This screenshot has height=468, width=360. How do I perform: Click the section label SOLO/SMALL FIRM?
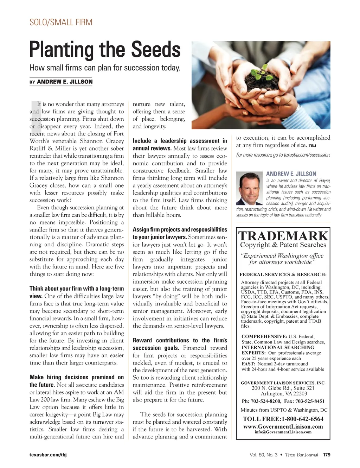(61, 23)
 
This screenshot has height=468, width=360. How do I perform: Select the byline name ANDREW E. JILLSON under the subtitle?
(65, 82)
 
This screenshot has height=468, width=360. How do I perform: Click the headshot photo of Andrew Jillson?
(249, 188)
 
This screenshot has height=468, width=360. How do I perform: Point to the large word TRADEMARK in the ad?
(283, 236)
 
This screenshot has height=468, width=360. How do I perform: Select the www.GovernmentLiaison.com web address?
(283, 426)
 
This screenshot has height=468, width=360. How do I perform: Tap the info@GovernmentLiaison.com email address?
(283, 432)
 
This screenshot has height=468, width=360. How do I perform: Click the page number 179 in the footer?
(327, 455)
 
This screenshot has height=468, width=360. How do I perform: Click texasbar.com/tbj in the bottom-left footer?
(48, 455)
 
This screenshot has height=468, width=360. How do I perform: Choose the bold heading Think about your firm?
(77, 289)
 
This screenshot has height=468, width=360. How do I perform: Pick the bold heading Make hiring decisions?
(77, 377)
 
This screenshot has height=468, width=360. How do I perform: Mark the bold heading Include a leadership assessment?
(180, 141)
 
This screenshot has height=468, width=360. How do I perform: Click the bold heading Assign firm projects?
(180, 229)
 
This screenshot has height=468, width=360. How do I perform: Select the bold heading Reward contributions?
(180, 340)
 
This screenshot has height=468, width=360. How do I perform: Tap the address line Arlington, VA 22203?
(284, 393)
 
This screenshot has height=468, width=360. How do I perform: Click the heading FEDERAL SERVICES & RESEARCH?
(283, 274)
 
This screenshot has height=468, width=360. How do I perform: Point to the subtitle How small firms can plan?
(105, 68)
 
